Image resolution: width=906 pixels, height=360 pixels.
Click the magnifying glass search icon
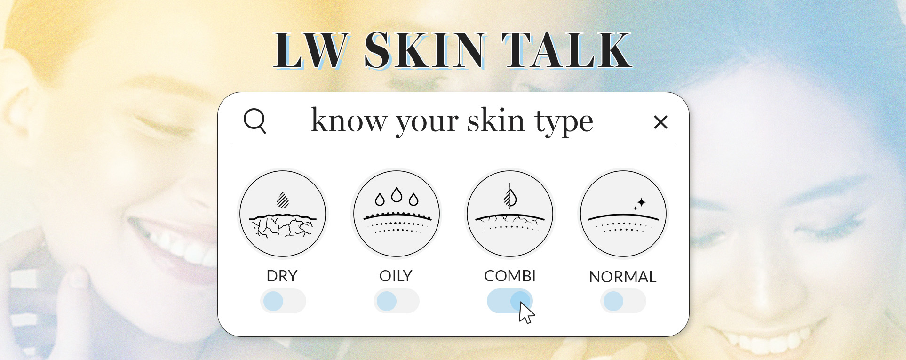pyautogui.click(x=255, y=121)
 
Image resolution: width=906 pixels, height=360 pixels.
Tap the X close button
pyautogui.click(x=660, y=122)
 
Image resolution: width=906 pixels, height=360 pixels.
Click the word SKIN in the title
pyautogui.click(x=424, y=50)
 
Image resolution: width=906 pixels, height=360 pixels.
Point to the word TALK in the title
pyautogui.click(x=566, y=50)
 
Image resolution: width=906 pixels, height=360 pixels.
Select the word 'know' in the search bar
pyautogui.click(x=349, y=121)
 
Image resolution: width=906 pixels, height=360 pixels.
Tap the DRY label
pyautogui.click(x=282, y=276)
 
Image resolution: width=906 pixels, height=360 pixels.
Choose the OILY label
pyautogui.click(x=396, y=276)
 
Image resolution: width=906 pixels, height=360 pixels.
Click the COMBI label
pyautogui.click(x=510, y=276)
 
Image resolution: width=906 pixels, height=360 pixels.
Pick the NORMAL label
pyautogui.click(x=622, y=277)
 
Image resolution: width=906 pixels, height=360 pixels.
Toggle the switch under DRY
pyautogui.click(x=283, y=301)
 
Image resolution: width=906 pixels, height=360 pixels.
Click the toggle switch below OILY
pyautogui.click(x=396, y=301)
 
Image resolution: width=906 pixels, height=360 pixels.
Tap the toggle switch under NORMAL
pyautogui.click(x=623, y=301)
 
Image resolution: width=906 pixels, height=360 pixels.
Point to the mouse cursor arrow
pyautogui.click(x=525, y=313)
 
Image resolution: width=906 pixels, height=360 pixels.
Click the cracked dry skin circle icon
pyautogui.click(x=283, y=214)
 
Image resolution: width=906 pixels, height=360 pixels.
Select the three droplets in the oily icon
pyautogui.click(x=397, y=197)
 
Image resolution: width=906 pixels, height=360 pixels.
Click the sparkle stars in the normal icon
pyautogui.click(x=640, y=203)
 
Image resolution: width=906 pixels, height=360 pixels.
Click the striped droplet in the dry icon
pyautogui.click(x=282, y=200)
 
